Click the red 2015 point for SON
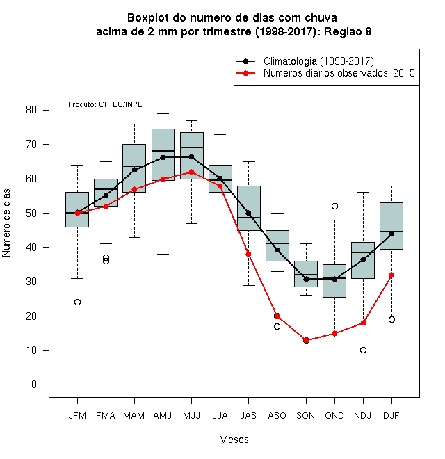point(306,341)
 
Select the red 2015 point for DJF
point(391,275)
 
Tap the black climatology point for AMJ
point(163,157)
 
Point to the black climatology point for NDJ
point(364,259)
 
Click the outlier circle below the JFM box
point(78,302)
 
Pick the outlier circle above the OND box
point(334,206)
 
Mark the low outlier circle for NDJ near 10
point(364,350)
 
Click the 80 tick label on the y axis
point(31,110)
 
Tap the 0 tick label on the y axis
point(34,385)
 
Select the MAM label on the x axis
point(134,416)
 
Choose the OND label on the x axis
point(334,416)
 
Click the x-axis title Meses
point(234,440)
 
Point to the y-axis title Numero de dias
point(6,223)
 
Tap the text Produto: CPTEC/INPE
point(105,104)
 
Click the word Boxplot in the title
point(148,18)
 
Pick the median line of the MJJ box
point(192,147)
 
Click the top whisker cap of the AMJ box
point(163,113)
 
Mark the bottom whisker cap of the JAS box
point(248,285)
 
